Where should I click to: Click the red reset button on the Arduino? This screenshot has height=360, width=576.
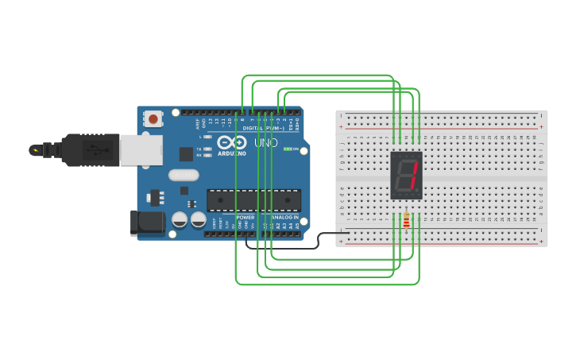pyautogui.click(x=153, y=119)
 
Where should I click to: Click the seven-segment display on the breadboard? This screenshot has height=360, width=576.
pyautogui.click(x=406, y=176)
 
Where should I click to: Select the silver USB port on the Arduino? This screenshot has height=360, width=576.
pyautogui.click(x=141, y=150)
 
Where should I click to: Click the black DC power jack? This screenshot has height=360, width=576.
pyautogui.click(x=147, y=223)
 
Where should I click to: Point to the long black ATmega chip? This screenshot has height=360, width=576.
pyautogui.click(x=253, y=200)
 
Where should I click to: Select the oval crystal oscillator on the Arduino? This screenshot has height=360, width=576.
pyautogui.click(x=184, y=175)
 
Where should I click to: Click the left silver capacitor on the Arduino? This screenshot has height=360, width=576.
pyautogui.click(x=180, y=219)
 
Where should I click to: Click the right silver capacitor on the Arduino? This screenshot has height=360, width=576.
pyautogui.click(x=199, y=219)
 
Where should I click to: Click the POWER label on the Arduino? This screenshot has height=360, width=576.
pyautogui.click(x=245, y=217)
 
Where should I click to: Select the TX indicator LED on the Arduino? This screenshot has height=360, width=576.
pyautogui.click(x=207, y=149)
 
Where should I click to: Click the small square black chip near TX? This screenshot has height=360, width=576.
pyautogui.click(x=186, y=154)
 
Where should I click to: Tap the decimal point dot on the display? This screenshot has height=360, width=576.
pyautogui.click(x=417, y=193)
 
